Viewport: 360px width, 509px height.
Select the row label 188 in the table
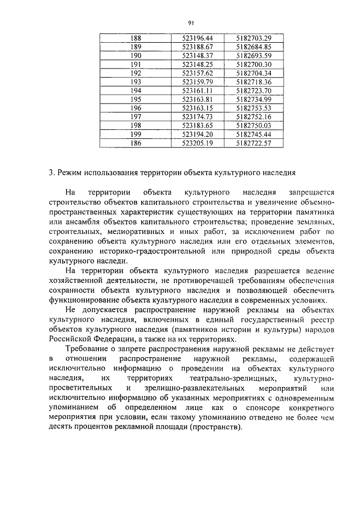click(x=136, y=38)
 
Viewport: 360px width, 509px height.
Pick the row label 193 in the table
click(x=136, y=82)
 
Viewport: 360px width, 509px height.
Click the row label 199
click(x=136, y=134)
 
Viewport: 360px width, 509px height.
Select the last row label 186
click(x=136, y=143)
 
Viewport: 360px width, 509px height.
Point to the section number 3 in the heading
click(x=51, y=172)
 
